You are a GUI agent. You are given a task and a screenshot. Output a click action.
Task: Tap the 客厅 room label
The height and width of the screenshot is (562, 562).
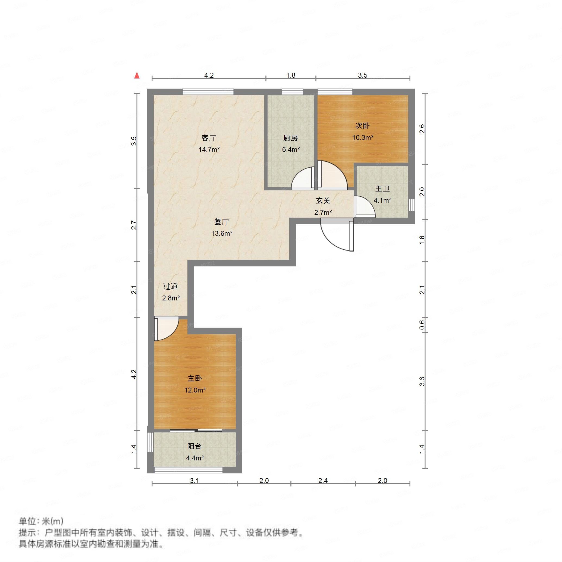click(x=209, y=138)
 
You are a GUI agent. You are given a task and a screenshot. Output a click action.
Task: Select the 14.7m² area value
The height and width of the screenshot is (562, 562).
click(x=209, y=149)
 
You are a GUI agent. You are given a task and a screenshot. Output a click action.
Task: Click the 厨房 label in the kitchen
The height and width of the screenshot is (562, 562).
click(x=290, y=138)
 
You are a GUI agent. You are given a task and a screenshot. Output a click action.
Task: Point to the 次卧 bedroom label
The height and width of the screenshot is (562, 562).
click(x=362, y=126)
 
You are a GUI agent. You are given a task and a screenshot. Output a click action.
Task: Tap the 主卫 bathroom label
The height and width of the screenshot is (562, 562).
click(x=382, y=189)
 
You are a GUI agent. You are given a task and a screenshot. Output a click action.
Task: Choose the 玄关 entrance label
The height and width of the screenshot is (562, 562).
click(x=323, y=201)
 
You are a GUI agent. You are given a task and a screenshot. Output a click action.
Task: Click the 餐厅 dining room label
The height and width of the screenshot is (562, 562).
click(x=221, y=222)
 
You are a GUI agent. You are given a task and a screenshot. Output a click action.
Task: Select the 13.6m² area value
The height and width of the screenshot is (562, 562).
click(x=222, y=233)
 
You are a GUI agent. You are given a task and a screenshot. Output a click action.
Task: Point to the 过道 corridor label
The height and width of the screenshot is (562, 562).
click(x=171, y=286)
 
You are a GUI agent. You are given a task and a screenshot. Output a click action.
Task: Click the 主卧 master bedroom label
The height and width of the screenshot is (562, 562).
click(x=194, y=378)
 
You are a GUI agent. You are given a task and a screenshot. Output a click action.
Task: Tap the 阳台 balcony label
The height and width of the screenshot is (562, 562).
click(x=194, y=446)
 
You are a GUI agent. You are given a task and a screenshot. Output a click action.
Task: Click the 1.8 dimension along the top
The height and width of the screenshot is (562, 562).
click(x=291, y=75)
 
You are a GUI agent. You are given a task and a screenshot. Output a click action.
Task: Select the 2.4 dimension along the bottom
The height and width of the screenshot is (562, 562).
click(x=323, y=481)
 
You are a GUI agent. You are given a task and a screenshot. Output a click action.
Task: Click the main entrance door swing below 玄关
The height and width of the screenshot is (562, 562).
click(x=336, y=235)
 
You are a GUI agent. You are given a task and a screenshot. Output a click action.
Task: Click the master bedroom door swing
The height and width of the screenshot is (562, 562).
click(x=166, y=328)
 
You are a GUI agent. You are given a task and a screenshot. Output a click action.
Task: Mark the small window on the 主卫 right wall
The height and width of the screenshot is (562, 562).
click(x=411, y=205)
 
